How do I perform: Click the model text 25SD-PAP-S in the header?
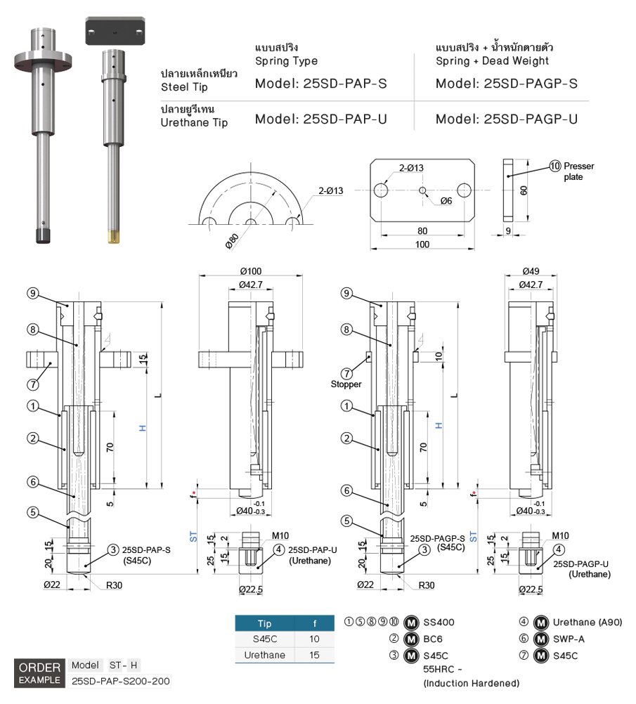345,84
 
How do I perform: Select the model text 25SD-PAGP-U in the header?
531,119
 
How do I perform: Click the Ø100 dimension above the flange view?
251,271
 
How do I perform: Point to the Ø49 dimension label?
531,271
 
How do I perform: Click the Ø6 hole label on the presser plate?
446,201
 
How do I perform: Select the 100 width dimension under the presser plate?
422,245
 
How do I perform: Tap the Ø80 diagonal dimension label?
232,241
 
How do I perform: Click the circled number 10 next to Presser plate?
555,166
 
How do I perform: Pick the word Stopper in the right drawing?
346,384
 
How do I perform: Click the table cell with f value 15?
314,655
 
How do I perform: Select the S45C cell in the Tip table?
264,639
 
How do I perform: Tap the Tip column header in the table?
264,623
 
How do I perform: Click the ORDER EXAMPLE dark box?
39,674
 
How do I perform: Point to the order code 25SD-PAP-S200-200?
121,681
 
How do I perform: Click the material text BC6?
433,639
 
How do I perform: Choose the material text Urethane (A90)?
588,622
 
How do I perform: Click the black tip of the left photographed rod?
43,235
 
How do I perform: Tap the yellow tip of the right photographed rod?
114,237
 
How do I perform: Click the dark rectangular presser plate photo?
115,31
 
